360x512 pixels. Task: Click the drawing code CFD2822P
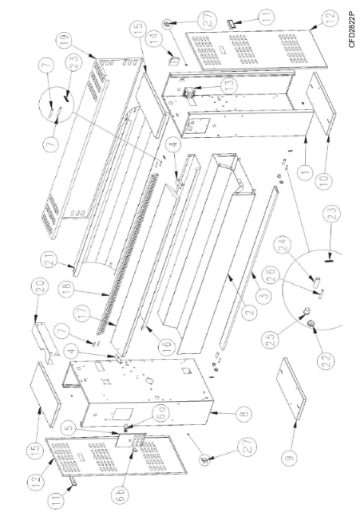[x=351, y=30]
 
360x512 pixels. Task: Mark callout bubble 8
[x=245, y=413]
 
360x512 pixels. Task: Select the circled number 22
[x=326, y=361]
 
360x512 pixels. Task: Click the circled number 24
[x=283, y=245]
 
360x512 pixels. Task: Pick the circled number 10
[x=324, y=180]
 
